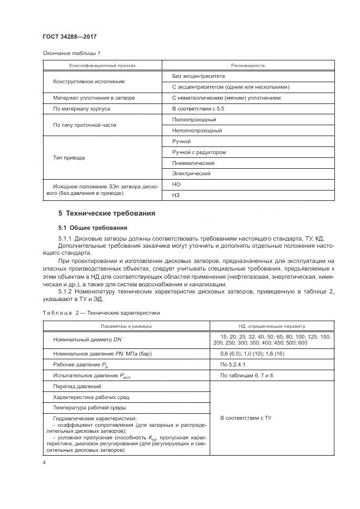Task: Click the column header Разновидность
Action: pyautogui.click(x=248, y=65)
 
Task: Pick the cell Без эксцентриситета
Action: pyautogui.click(x=194, y=76)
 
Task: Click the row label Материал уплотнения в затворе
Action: pyautogui.click(x=94, y=98)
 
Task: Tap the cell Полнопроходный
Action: pyautogui.click(x=194, y=119)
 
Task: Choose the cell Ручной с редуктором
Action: pyautogui.click(x=199, y=152)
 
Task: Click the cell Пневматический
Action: pyautogui.click(x=193, y=163)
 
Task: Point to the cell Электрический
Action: pyautogui.click(x=191, y=174)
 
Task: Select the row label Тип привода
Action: pyautogui.click(x=69, y=158)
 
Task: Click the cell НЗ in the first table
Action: pyautogui.click(x=176, y=195)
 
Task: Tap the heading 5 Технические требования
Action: pyautogui.click(x=107, y=213)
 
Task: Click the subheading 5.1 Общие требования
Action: pyautogui.click(x=93, y=228)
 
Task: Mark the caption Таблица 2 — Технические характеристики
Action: pyautogui.click(x=101, y=313)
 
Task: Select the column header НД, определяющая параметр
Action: pyautogui.click(x=272, y=326)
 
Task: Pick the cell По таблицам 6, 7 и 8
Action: pyautogui.click(x=247, y=376)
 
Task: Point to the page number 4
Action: pyautogui.click(x=44, y=462)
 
